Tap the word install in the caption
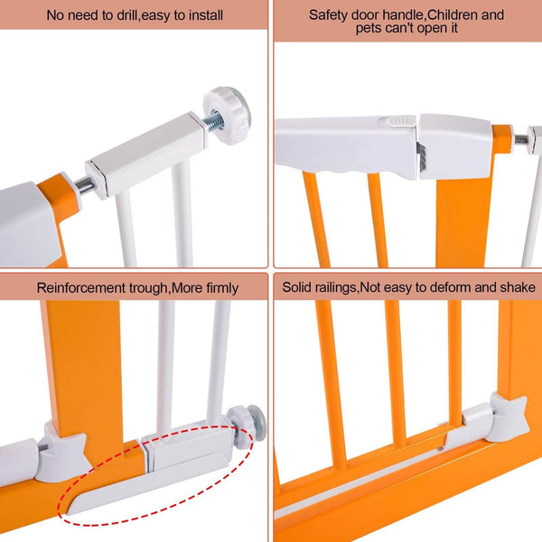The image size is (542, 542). (204, 15)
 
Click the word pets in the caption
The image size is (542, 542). (369, 28)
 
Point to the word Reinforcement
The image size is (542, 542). (81, 287)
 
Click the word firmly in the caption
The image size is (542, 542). (222, 288)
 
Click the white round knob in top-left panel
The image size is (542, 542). (227, 115)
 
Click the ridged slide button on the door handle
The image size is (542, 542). (397, 121)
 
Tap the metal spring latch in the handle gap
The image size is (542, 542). (421, 156)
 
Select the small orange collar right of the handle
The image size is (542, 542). (502, 138)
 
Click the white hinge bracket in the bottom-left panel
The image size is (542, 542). (63, 453)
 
